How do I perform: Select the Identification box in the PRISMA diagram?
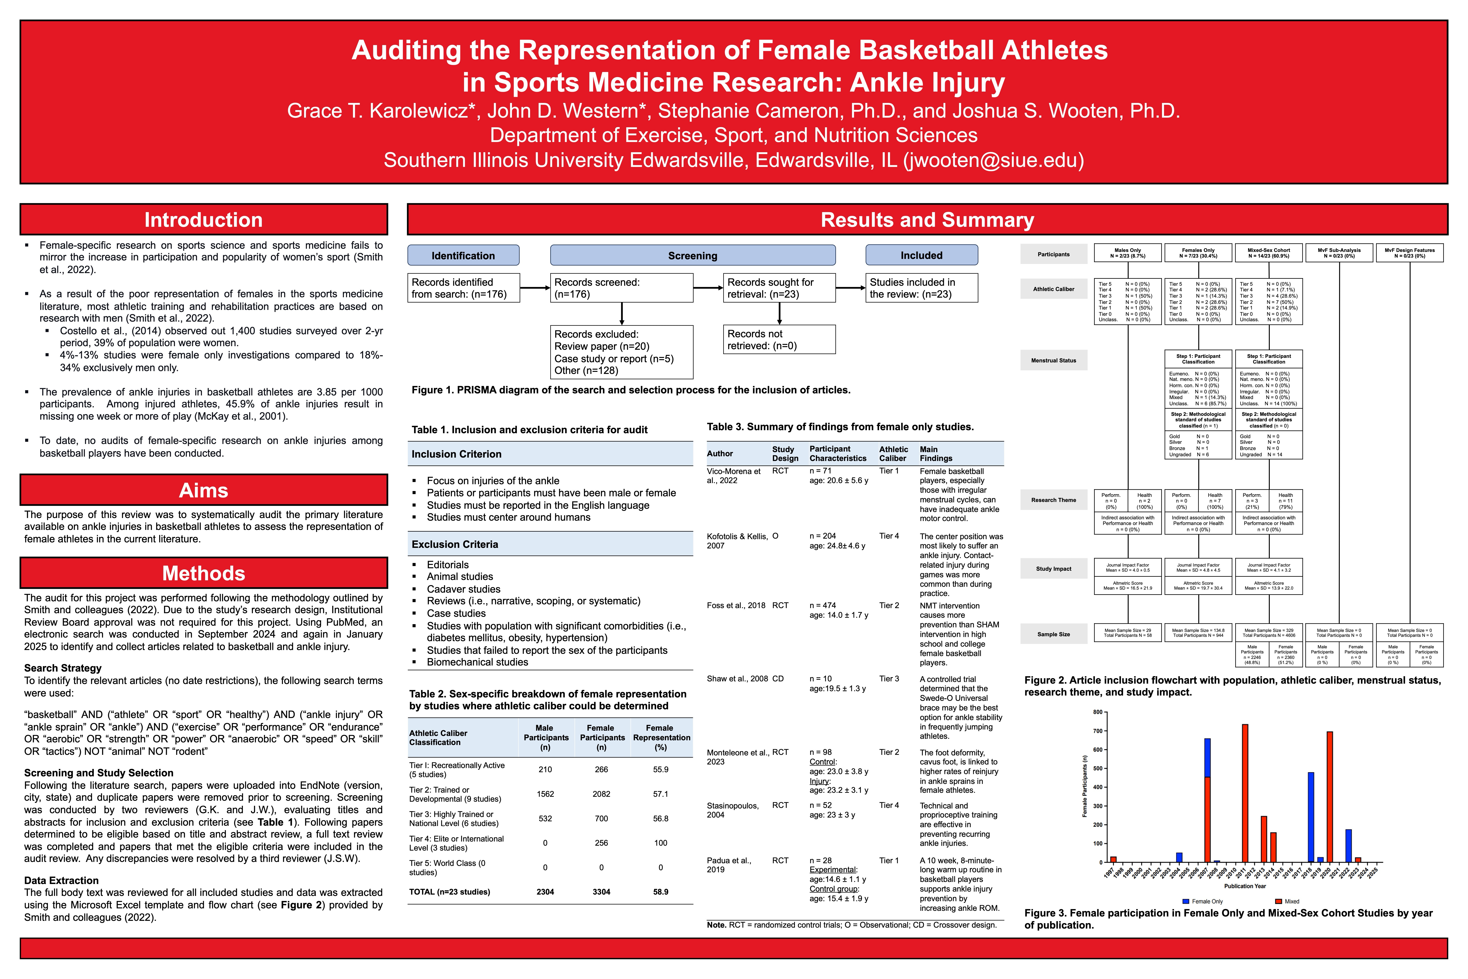click(x=463, y=255)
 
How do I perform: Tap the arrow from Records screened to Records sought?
click(x=708, y=288)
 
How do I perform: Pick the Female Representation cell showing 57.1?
click(x=660, y=794)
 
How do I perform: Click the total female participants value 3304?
click(x=601, y=892)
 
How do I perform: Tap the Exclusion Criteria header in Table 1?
click(x=455, y=544)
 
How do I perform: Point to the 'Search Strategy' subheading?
click(x=63, y=668)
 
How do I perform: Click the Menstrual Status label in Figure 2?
click(x=1054, y=360)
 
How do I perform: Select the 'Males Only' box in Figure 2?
click(x=1127, y=253)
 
